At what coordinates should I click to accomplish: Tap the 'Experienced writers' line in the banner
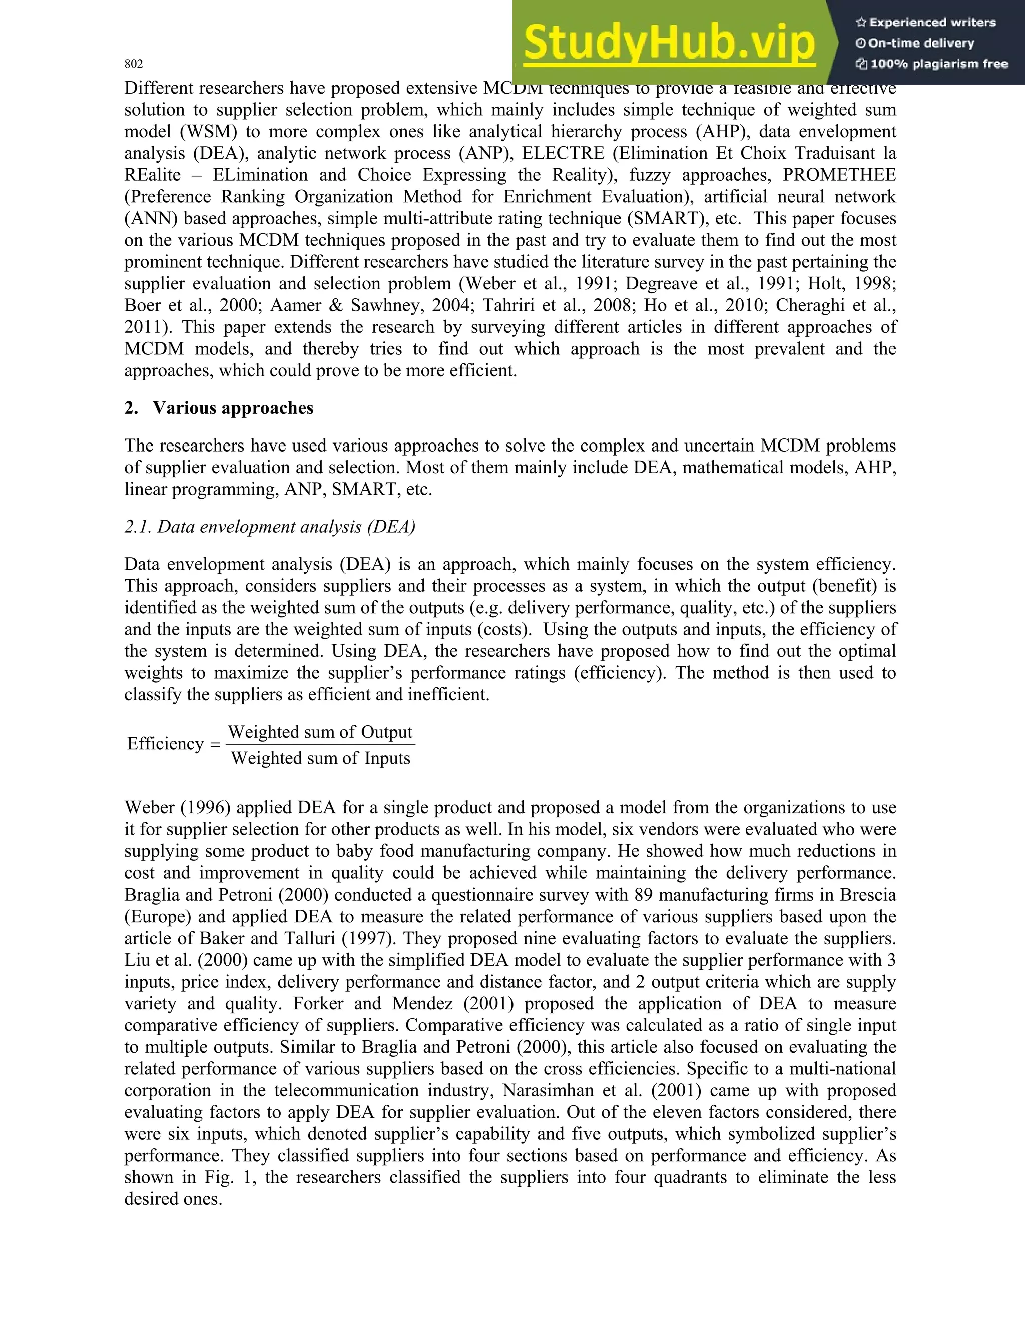[926, 23]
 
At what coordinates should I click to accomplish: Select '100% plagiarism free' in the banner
[932, 64]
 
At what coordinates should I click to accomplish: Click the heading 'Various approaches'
[233, 408]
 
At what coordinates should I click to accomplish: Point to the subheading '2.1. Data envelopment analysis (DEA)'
[270, 527]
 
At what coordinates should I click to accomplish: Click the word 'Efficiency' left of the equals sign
[165, 744]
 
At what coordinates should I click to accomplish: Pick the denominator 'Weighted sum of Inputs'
[320, 759]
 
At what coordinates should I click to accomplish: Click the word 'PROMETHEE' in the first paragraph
[839, 175]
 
